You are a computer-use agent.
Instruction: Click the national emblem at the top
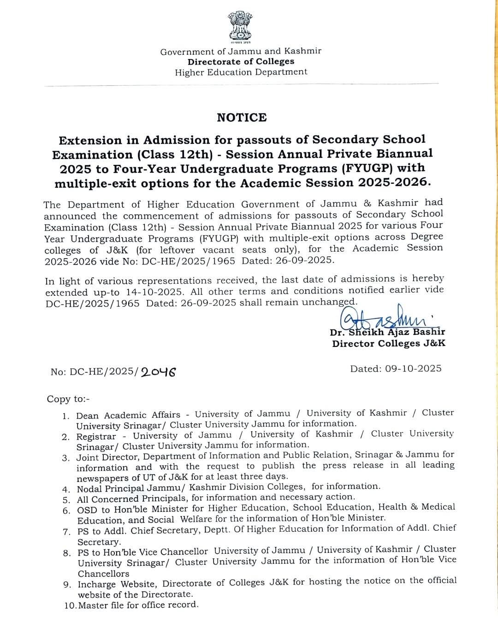[x=240, y=28]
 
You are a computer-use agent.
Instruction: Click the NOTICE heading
[x=242, y=117]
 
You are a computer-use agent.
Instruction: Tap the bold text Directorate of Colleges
[x=241, y=62]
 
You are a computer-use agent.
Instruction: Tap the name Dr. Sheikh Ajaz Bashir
[x=387, y=332]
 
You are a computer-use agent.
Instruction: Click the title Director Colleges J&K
[x=389, y=344]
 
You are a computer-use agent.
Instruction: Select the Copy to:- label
[x=68, y=399]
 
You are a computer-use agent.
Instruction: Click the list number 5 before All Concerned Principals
[x=66, y=499]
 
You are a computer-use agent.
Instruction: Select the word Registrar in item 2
[x=96, y=436]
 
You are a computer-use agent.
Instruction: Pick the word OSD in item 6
[x=87, y=510]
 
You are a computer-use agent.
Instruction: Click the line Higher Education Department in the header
[x=241, y=72]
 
